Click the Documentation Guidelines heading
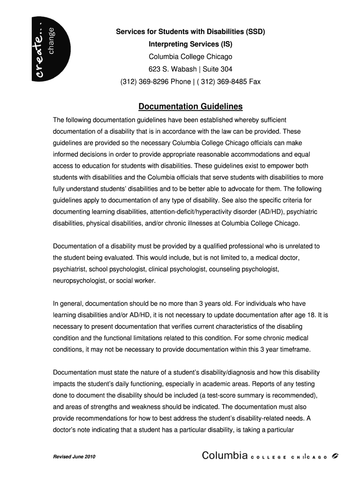tap(190, 107)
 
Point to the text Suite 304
tap(217, 69)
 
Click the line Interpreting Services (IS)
tap(190, 44)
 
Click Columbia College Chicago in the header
tap(190, 57)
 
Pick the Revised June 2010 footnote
tap(74, 457)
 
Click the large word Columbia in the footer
tap(225, 456)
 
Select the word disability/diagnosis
tap(223, 372)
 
